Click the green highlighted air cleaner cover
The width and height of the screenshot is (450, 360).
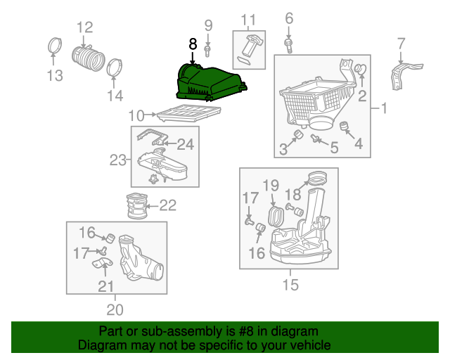(211, 83)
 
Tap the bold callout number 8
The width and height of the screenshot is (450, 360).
(193, 44)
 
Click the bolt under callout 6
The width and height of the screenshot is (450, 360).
(289, 46)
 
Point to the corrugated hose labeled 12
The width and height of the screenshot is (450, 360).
(88, 58)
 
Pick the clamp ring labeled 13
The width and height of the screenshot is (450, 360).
(55, 46)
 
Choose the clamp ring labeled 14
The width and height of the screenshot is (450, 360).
(115, 67)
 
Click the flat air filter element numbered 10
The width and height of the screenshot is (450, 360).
(189, 112)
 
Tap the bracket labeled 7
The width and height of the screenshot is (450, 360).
(405, 77)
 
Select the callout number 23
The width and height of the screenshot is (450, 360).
(118, 160)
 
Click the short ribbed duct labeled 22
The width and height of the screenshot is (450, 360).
(137, 205)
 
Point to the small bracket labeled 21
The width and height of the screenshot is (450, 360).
(103, 263)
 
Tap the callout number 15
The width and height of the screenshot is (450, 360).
(290, 285)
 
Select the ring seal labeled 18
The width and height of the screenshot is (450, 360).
(317, 178)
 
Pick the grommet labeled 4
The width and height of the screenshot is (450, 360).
(344, 127)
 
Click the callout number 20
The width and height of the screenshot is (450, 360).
(115, 309)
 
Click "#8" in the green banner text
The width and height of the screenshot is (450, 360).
(246, 331)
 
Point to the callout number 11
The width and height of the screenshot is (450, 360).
(248, 20)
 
